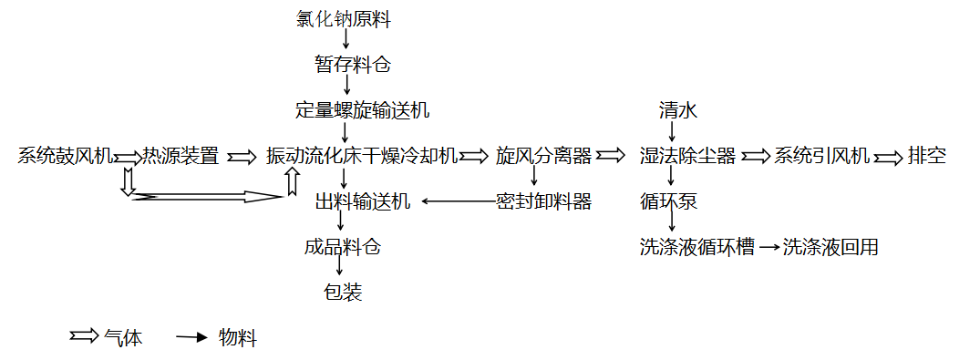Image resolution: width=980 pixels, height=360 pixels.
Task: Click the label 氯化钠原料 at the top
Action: point(343,19)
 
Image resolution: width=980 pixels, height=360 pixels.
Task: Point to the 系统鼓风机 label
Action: point(66,156)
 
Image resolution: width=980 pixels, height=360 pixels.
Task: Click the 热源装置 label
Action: point(181,156)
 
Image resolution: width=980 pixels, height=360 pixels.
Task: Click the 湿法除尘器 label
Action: point(687,156)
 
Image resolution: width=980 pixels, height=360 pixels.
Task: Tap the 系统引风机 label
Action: point(822,156)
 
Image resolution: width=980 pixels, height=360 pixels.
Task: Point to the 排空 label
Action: point(927,156)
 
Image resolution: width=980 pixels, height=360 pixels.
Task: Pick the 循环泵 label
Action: point(668,202)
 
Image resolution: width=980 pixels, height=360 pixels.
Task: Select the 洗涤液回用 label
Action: point(830,248)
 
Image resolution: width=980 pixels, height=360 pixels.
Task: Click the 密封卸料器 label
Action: point(543,202)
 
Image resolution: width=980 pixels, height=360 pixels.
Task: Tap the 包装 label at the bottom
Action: point(343,292)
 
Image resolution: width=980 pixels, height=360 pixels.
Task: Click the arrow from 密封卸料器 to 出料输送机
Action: point(459,201)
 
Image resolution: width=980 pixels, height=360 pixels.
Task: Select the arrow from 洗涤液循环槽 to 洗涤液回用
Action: point(770,248)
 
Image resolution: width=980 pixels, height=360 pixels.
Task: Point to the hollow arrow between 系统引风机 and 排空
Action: point(888,156)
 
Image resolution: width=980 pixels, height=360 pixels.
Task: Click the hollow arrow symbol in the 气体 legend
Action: point(84,337)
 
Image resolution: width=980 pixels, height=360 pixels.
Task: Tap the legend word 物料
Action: point(238,338)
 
